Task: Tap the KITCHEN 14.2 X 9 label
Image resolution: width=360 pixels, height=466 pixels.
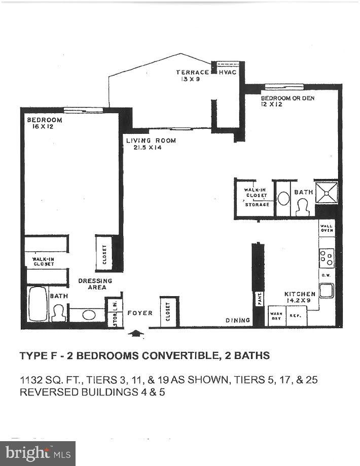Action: [300, 297]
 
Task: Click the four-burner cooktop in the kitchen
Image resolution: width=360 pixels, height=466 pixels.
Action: [327, 258]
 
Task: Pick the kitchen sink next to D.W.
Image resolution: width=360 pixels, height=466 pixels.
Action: [326, 290]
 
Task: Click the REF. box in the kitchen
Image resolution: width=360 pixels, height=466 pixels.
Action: [295, 316]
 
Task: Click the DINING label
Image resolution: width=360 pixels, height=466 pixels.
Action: [238, 320]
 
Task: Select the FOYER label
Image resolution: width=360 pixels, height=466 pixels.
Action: [139, 313]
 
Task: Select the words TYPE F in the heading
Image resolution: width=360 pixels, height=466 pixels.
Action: [39, 356]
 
